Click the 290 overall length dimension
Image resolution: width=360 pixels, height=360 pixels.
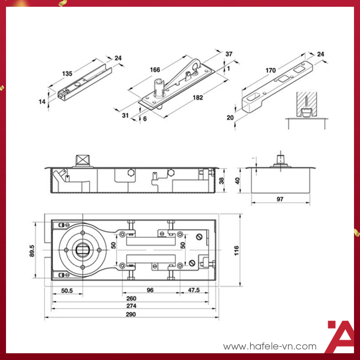click(130, 314)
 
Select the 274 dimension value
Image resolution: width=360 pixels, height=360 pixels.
click(131, 306)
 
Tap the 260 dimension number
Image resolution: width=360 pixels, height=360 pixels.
click(131, 298)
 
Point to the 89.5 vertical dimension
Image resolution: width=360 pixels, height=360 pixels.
click(32, 251)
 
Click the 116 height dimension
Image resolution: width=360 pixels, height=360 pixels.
click(237, 250)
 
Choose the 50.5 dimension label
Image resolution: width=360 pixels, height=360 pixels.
click(67, 291)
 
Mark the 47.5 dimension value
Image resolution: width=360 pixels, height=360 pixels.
click(194, 290)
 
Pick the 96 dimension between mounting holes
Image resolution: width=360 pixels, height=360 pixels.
click(150, 290)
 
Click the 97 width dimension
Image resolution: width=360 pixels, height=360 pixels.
click(280, 199)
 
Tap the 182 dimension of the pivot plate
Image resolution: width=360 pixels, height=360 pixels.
click(198, 97)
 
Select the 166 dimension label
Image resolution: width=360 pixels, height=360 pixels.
click(155, 70)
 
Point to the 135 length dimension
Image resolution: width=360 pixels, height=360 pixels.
click(67, 73)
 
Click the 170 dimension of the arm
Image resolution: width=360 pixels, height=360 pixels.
click(271, 70)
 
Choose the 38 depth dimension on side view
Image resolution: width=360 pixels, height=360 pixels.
click(221, 180)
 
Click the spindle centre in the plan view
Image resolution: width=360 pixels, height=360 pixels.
click(82, 250)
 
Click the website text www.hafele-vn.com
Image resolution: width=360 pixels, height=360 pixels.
click(270, 346)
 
